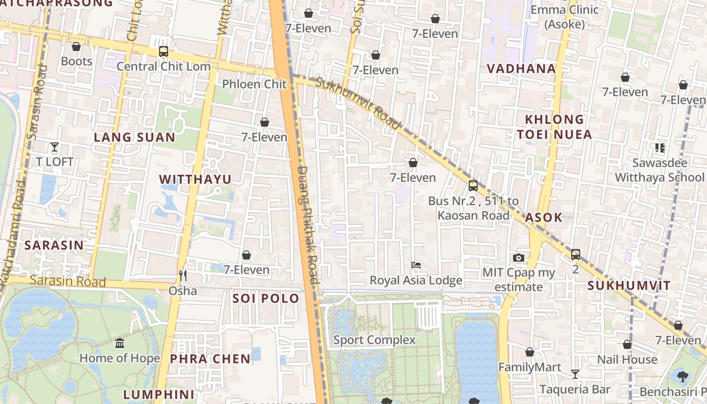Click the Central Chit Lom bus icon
(163, 51)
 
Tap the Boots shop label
(76, 62)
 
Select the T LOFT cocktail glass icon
(55, 147)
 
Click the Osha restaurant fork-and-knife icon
(183, 275)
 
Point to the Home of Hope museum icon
(120, 343)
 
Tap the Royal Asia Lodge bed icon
(416, 265)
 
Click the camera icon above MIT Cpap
(518, 258)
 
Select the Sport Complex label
(374, 340)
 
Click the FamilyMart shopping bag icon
(530, 352)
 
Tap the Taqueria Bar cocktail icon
(575, 374)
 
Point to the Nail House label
(627, 360)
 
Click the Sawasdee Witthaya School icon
(660, 148)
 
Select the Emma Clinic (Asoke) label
(565, 17)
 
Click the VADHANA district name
(521, 69)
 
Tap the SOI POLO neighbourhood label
(266, 298)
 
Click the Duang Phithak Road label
(308, 225)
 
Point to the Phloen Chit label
(255, 84)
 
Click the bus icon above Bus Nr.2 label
(473, 185)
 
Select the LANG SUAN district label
(134, 137)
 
